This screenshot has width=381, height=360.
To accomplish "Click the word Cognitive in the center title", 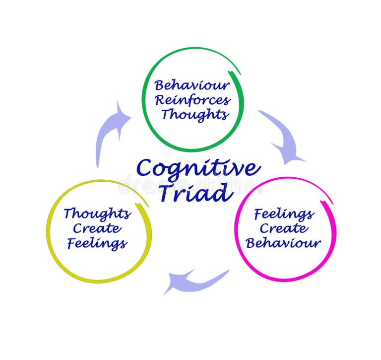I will (x=198, y=169).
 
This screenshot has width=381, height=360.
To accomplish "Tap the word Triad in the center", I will (x=195, y=193).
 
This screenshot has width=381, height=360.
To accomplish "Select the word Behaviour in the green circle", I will (x=191, y=85).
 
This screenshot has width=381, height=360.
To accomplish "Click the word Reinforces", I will (x=192, y=100).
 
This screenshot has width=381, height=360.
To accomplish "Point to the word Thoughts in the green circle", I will (x=194, y=115).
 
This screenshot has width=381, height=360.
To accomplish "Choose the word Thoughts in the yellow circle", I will (x=97, y=214).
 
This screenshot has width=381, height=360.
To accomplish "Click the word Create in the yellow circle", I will (x=97, y=229).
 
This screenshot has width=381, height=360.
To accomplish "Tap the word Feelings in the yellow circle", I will (x=97, y=244).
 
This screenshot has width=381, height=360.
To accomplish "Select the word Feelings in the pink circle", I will (x=284, y=214).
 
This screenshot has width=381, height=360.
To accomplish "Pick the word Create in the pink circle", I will (x=284, y=229).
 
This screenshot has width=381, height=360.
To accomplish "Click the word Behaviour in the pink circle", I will (x=284, y=244).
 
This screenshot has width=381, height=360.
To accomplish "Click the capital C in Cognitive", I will (x=146, y=169).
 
